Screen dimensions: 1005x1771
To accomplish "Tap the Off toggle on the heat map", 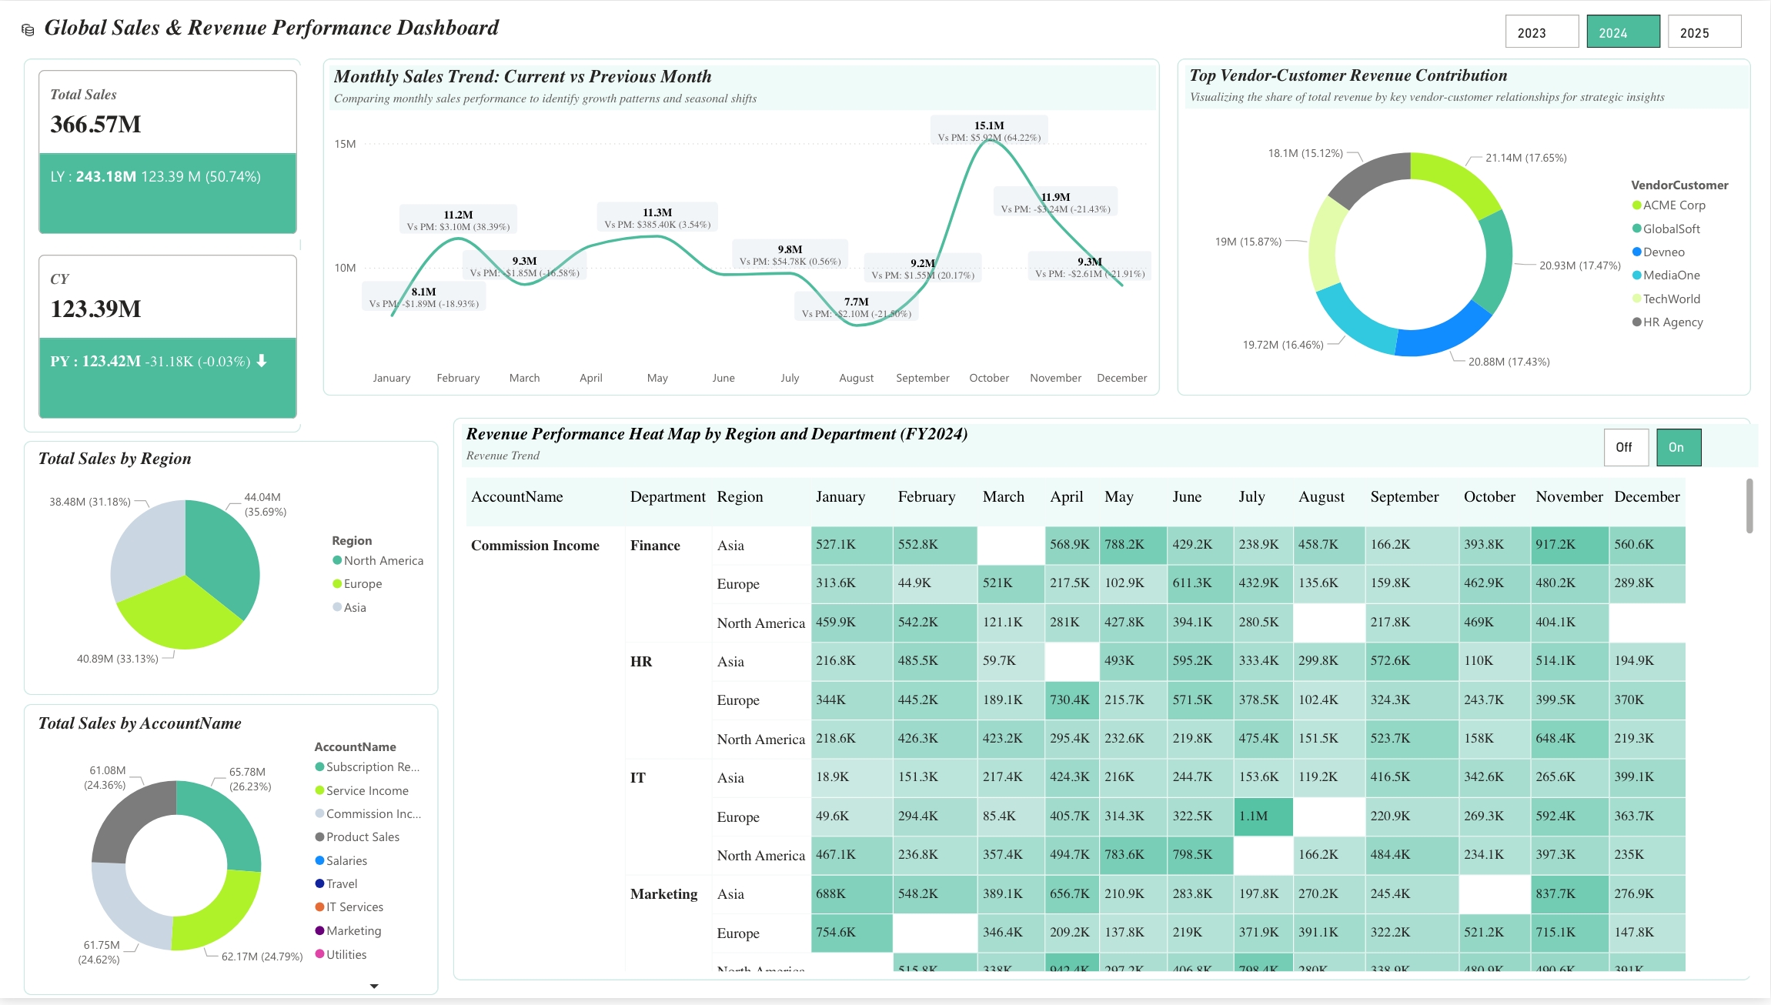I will [x=1625, y=447].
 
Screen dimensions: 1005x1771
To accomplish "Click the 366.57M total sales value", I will [x=95, y=125].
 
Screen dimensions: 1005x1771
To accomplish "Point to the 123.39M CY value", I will [x=95, y=309].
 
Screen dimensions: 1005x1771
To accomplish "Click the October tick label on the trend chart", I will [x=989, y=378].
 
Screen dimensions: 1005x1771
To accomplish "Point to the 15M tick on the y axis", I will [x=345, y=144].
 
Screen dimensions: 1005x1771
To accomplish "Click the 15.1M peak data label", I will [x=989, y=125].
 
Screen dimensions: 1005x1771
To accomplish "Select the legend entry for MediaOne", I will [x=1671, y=275].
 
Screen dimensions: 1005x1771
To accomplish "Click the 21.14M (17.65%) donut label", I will [x=1525, y=158].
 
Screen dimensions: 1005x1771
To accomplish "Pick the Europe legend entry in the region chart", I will [x=363, y=584].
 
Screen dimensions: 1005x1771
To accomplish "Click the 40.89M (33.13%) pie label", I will [x=117, y=659].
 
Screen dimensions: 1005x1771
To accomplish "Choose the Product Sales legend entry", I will [x=363, y=837].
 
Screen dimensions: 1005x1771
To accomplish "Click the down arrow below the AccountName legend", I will [x=374, y=986].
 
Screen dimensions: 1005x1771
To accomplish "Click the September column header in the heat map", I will [x=1404, y=497].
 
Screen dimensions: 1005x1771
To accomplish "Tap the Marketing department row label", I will [x=663, y=894].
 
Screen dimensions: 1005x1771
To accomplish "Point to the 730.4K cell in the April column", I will [x=1070, y=700].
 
